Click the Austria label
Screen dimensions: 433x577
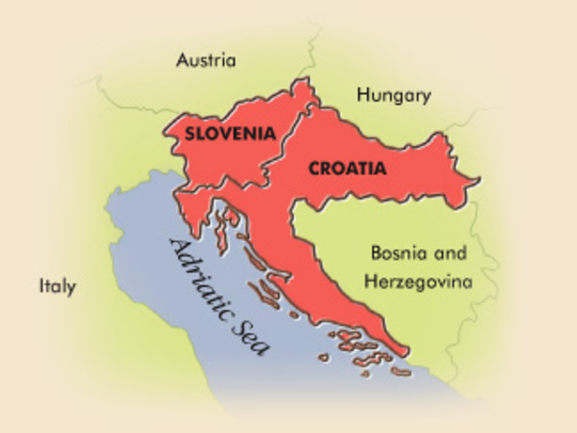[x=206, y=61]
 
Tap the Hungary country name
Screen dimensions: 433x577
[x=393, y=96]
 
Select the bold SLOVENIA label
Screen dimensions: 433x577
[x=229, y=133]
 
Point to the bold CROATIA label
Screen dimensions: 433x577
[x=347, y=168]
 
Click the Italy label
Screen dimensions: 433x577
[x=57, y=287]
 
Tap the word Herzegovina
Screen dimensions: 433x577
[x=417, y=281]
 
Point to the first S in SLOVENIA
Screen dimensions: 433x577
[x=189, y=133]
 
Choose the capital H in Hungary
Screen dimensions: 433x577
[x=362, y=95]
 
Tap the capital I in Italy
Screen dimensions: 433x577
[x=41, y=287]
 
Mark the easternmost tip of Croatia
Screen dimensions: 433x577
[x=478, y=179]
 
